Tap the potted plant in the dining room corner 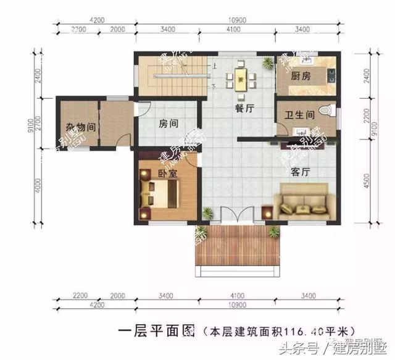tap(267, 62)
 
